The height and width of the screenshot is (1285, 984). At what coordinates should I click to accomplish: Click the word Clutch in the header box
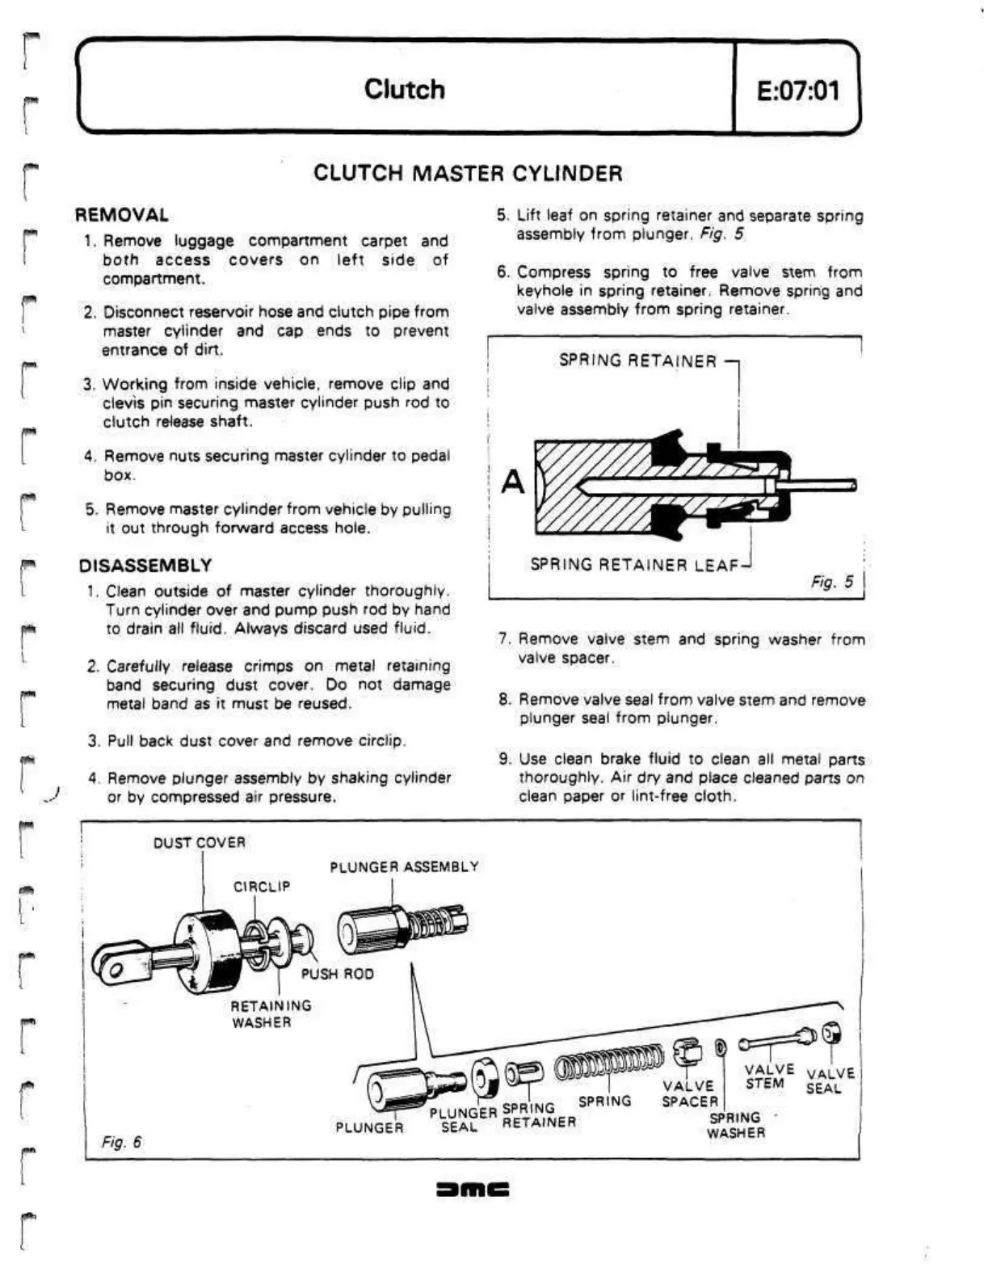(x=404, y=89)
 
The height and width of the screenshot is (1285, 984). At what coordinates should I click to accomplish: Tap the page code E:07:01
(x=797, y=90)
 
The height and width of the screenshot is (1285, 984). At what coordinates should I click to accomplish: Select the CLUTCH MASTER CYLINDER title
(x=468, y=173)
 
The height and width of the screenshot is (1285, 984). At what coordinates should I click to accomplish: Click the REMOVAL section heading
(x=122, y=215)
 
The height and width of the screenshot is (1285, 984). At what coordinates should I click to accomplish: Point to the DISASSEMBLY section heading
(x=145, y=565)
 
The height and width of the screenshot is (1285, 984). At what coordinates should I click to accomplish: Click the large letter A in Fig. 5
(x=513, y=482)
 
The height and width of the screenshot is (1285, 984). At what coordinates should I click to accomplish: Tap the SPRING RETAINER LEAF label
(x=634, y=564)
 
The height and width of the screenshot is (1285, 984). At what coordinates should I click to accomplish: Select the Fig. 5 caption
(x=831, y=582)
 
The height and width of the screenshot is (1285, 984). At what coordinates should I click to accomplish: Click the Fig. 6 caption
(x=121, y=1141)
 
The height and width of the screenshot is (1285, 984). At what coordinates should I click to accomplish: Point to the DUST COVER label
(x=199, y=842)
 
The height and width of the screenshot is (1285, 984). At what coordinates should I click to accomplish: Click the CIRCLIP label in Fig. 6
(x=261, y=887)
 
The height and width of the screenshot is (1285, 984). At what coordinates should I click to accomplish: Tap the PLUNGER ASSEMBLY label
(x=404, y=866)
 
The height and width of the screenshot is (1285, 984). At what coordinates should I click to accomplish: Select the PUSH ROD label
(x=337, y=974)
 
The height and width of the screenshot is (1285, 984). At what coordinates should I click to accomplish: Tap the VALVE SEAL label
(x=830, y=1081)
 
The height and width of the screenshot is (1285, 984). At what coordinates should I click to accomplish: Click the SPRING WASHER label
(x=735, y=1125)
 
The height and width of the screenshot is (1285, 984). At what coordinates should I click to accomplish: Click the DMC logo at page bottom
(x=472, y=1189)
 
